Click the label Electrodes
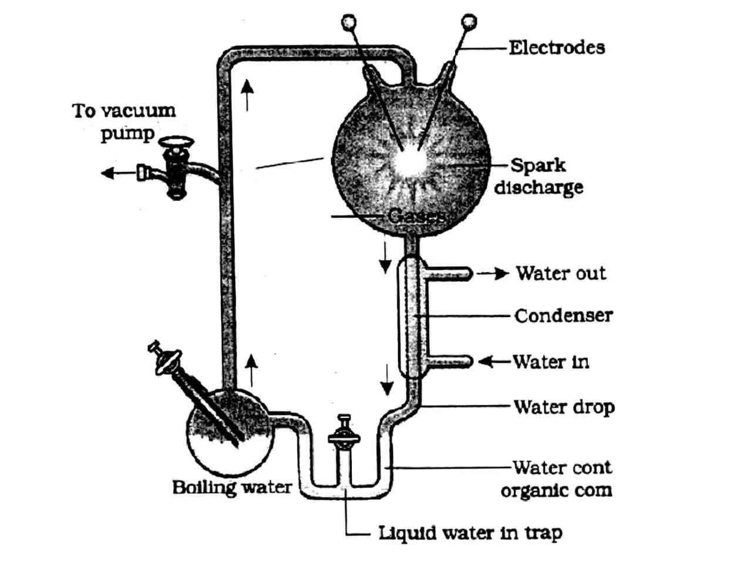(556, 47)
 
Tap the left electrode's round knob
(349, 22)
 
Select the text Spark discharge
(538, 176)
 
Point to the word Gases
(416, 216)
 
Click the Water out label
(561, 273)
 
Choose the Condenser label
(563, 316)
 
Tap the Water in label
(551, 361)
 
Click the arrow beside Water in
(492, 362)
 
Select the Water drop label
(564, 406)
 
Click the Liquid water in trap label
(470, 533)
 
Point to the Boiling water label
(231, 487)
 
